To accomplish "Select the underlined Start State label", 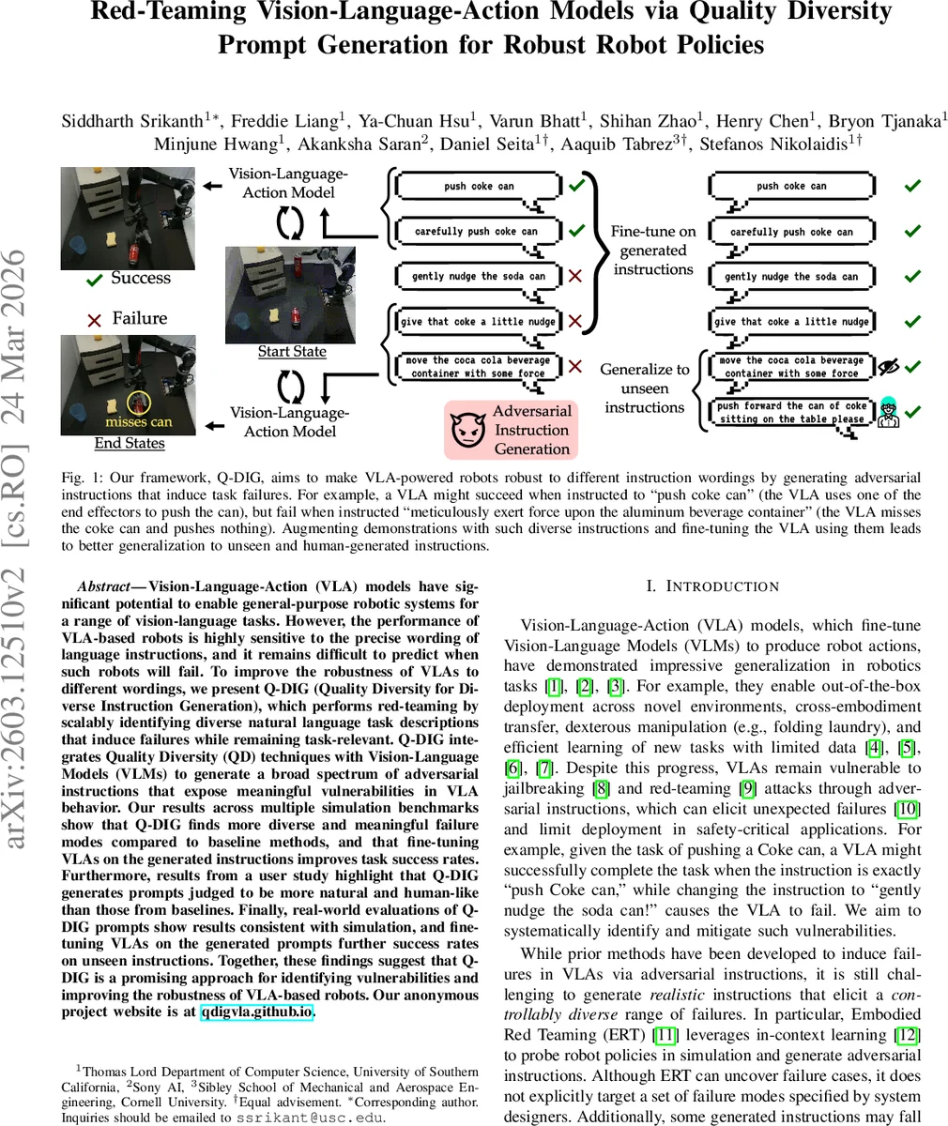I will pyautogui.click(x=292, y=352).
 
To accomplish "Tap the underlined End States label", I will pyautogui.click(x=130, y=443).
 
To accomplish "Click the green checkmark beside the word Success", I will pyautogui.click(x=94, y=280).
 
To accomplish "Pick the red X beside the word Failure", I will pyautogui.click(x=94, y=320).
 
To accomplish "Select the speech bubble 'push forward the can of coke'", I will pyautogui.click(x=791, y=413).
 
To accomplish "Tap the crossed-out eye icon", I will pyautogui.click(x=887, y=367).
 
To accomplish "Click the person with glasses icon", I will pyautogui.click(x=887, y=413).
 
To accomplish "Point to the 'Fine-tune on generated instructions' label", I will pyautogui.click(x=653, y=250).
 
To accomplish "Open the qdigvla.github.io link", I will pyautogui.click(x=256, y=1012).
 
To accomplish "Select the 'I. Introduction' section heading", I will pyautogui.click(x=712, y=586).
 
